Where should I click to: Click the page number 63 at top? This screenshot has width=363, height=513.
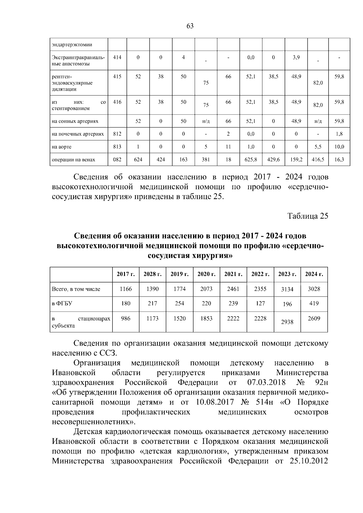click(x=190, y=26)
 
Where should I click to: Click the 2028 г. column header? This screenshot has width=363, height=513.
click(x=152, y=274)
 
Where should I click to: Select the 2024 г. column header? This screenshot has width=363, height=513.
click(x=314, y=274)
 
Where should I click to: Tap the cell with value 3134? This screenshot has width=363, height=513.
click(x=287, y=289)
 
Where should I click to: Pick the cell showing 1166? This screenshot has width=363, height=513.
click(x=126, y=289)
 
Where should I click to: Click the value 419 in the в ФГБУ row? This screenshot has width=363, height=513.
click(x=314, y=303)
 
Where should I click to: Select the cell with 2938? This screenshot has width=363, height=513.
click(x=287, y=322)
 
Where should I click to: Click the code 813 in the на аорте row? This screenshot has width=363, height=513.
click(x=117, y=147)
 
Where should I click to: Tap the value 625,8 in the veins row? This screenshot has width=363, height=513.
click(x=251, y=159)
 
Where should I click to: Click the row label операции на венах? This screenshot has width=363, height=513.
click(x=74, y=160)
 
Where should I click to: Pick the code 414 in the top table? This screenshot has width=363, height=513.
click(x=117, y=57)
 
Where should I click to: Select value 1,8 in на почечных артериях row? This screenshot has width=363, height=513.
click(x=339, y=134)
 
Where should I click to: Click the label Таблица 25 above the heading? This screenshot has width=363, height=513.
click(x=308, y=216)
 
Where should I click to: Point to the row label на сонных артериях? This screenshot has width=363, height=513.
click(x=75, y=121)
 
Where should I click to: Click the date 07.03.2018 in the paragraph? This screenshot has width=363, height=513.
click(x=267, y=382)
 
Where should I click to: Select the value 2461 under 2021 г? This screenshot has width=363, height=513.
click(x=233, y=289)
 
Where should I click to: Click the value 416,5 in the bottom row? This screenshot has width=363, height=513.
click(x=318, y=159)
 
